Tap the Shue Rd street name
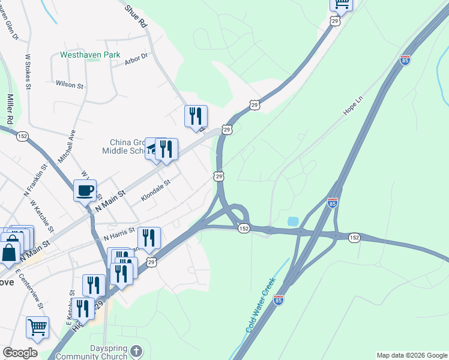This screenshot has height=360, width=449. (136, 17)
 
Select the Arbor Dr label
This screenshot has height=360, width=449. (136, 59)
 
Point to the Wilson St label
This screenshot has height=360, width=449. (70, 85)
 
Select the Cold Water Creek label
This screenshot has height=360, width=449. (261, 306)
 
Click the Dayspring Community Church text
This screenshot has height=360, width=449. (92, 352)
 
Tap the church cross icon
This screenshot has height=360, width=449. (137, 351)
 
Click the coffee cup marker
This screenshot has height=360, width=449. (85, 191)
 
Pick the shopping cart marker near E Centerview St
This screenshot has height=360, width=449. (37, 328)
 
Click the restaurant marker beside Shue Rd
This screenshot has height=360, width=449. (196, 116)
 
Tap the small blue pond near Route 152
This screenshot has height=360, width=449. (293, 221)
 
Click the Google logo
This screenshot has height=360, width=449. (20, 352)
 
